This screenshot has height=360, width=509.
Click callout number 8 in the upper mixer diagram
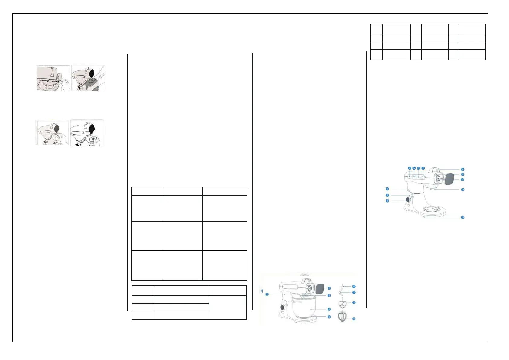[462, 170]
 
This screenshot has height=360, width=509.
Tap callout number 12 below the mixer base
[462, 217]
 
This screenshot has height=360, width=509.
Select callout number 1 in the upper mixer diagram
[387, 189]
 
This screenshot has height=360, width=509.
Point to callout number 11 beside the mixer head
[462, 190]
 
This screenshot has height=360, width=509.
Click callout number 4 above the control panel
[410, 168]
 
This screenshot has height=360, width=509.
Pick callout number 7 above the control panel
[423, 168]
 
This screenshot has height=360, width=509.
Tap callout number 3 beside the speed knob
[387, 201]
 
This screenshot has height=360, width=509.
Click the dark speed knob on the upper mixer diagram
[408, 199]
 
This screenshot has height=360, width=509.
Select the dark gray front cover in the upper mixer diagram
[450, 179]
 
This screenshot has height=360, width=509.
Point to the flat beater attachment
[342, 303]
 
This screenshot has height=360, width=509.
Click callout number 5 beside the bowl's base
[329, 317]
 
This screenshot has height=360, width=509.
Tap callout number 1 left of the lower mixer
[267, 294]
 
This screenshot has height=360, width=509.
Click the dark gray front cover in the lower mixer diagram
[320, 289]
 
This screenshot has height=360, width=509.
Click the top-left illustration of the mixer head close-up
[53, 78]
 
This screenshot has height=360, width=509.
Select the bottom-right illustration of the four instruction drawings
[87, 133]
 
